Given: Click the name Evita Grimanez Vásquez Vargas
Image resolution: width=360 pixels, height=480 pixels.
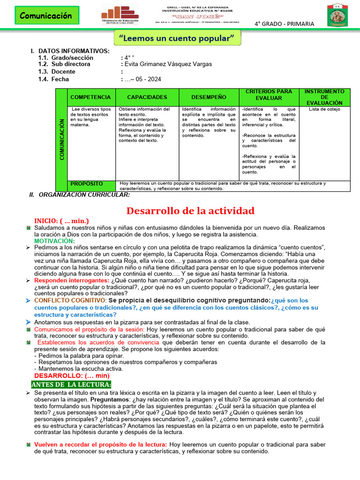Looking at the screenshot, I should click(x=167, y=64).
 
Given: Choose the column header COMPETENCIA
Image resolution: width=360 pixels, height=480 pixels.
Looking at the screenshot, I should click(x=90, y=97).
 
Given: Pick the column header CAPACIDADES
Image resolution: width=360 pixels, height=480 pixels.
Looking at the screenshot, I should click(x=147, y=97).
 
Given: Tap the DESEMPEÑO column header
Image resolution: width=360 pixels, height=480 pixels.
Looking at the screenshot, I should click(x=209, y=97).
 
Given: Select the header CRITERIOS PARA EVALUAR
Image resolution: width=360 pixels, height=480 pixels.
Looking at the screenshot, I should click(x=269, y=95).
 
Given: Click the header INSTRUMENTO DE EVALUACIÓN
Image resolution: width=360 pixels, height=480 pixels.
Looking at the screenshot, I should click(x=324, y=97).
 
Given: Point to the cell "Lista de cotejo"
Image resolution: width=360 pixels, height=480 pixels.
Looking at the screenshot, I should click(x=324, y=109).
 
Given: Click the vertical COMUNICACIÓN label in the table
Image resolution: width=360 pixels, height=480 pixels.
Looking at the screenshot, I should click(x=62, y=140).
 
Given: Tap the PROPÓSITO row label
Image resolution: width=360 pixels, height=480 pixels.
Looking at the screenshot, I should click(x=88, y=183).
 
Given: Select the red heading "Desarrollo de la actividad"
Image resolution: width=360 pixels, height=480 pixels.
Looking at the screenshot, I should click(x=190, y=210).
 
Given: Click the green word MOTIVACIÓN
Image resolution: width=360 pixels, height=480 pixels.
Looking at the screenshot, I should click(x=54, y=240).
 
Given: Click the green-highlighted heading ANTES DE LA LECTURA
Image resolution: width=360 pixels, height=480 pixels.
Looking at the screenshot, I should click(x=71, y=384).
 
